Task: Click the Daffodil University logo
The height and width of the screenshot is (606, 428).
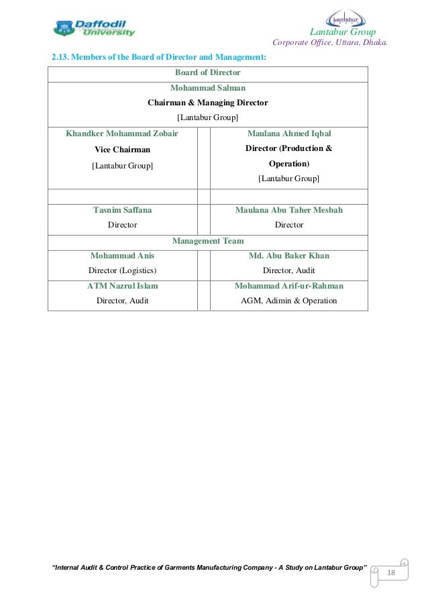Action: point(94,27)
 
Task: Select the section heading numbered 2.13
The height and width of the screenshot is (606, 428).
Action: point(159,58)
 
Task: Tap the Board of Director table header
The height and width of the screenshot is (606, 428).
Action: point(207,72)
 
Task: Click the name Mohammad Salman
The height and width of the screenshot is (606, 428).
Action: point(207,88)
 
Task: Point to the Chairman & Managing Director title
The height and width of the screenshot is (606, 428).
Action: point(207,103)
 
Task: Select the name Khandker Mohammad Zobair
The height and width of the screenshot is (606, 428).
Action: point(122,134)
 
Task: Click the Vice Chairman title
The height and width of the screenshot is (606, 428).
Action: point(122,150)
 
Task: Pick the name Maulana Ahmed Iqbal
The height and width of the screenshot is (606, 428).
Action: point(288,134)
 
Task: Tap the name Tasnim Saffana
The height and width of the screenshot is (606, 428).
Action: point(122,210)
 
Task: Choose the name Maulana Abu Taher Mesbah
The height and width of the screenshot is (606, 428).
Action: point(288,210)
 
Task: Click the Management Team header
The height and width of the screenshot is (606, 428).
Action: point(207,240)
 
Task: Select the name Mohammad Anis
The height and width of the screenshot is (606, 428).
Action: point(122,256)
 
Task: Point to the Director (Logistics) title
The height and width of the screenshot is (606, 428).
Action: point(122,270)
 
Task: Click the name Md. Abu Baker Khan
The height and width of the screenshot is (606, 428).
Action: point(288,256)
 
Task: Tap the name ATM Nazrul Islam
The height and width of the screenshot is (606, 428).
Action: point(122,286)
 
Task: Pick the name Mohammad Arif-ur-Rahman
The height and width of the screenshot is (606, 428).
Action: point(288,286)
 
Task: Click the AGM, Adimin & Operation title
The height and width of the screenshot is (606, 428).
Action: point(288,301)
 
